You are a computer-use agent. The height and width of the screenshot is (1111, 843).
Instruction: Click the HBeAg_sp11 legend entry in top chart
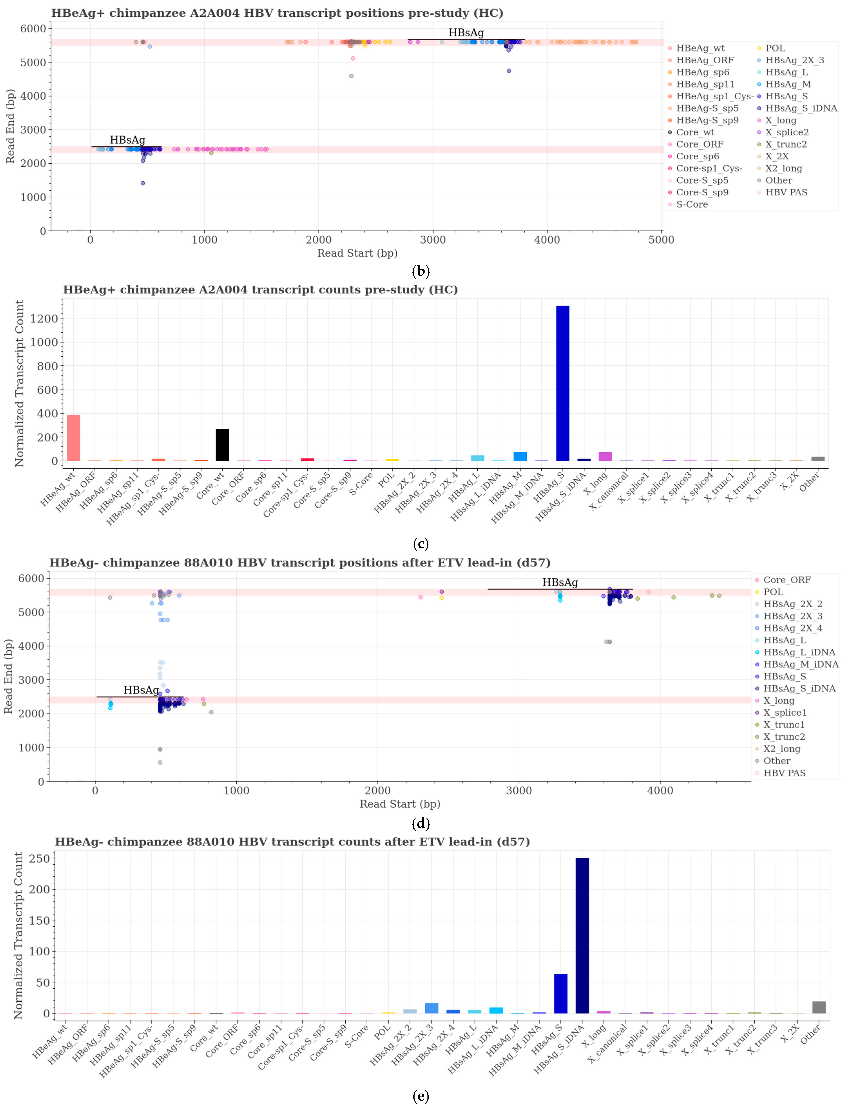coord(705,84)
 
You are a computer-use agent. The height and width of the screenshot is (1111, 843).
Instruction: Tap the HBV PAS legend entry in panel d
coord(784,773)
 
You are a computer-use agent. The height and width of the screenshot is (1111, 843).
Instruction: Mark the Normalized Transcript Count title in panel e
coord(19,935)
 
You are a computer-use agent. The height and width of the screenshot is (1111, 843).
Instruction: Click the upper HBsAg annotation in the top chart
coord(466,33)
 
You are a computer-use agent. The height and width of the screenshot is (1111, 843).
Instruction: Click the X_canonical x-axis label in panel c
coord(608,492)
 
